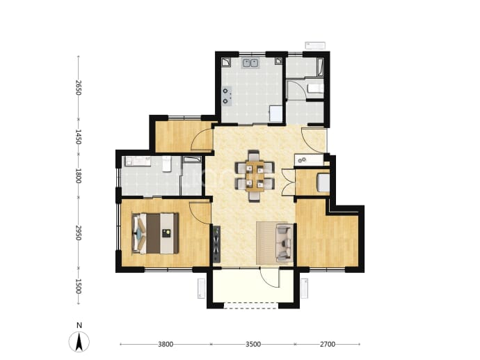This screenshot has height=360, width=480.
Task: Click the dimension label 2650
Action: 79,88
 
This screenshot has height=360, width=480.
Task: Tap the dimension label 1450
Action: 79,136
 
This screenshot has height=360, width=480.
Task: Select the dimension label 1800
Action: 79,176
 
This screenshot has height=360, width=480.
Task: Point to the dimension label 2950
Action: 79,233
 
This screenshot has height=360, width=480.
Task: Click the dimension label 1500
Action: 79,286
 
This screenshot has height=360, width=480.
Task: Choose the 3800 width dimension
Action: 166,345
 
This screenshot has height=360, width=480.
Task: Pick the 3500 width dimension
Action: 253,345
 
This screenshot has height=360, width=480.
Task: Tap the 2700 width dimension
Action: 328,345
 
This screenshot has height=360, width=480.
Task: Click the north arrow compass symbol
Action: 79,342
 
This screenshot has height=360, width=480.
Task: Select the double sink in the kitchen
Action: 250,63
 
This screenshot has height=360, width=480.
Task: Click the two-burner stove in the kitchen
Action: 226,96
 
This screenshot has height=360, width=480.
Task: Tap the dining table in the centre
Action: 255,176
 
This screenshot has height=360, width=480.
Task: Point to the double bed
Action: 155,233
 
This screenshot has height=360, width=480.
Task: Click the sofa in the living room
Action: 285,243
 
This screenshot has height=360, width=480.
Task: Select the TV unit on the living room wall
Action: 217,244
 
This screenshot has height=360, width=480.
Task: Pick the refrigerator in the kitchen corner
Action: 275,114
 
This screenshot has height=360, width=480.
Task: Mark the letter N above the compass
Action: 79,325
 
